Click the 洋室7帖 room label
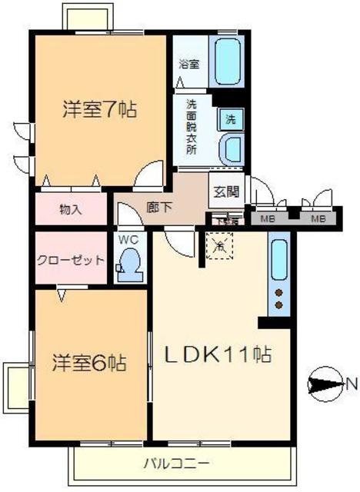[100, 109]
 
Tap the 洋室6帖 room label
[89, 361]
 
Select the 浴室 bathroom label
[189, 65]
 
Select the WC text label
[128, 239]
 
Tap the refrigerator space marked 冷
[220, 248]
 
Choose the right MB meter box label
[317, 218]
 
